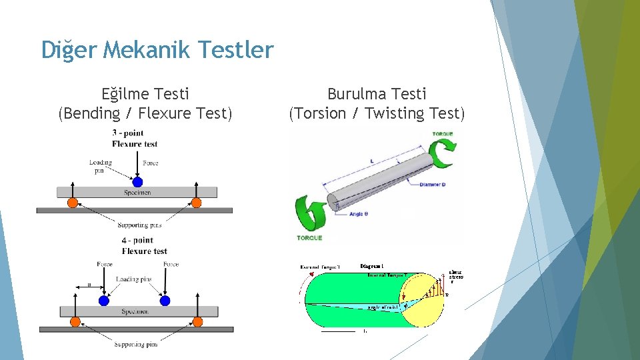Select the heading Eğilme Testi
click(145, 94)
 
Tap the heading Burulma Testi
click(377, 94)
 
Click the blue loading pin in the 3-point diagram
click(137, 182)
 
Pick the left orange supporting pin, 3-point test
click(73, 203)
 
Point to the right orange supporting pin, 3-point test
click(196, 203)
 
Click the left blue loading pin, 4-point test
click(103, 301)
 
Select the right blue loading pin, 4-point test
click(165, 301)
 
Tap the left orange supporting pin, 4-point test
click(75, 321)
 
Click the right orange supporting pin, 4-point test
click(197, 321)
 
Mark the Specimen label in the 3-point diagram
click(137, 193)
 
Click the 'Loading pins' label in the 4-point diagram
click(133, 279)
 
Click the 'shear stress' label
click(456, 276)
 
